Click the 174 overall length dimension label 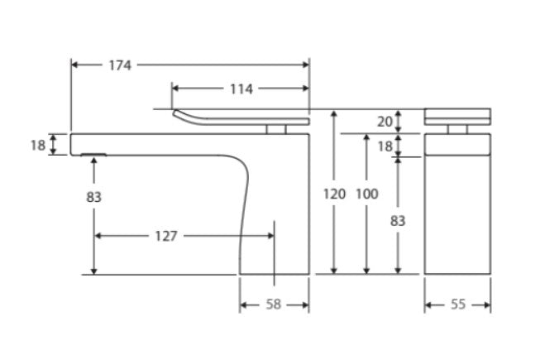tap(120, 65)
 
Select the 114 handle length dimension tap(241, 89)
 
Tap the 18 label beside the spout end tap(38, 145)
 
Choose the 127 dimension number tap(165, 237)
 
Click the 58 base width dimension tap(274, 305)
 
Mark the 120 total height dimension tap(334, 194)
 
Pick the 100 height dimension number tap(366, 194)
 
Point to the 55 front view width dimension tap(457, 305)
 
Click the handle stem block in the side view tap(276, 128)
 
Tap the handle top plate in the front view tap(457, 116)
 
